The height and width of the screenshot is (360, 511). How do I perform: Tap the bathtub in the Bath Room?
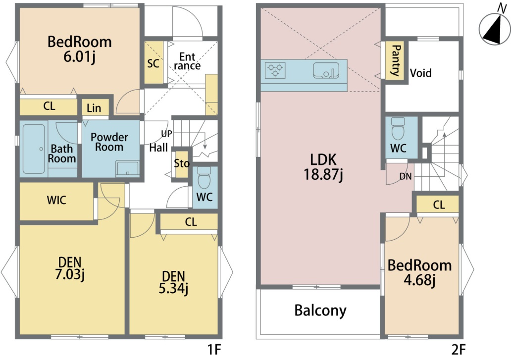click(34, 149)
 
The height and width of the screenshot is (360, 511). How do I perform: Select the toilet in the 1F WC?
click(204, 178)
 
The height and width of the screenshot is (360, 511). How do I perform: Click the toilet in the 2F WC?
click(398, 129)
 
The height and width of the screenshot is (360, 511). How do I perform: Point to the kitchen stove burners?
click(275, 70)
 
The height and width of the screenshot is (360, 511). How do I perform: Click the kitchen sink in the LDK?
click(326, 71)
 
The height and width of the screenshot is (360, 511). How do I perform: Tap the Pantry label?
click(396, 60)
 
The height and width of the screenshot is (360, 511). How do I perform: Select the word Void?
click(421, 73)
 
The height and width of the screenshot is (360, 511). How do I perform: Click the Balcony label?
click(320, 310)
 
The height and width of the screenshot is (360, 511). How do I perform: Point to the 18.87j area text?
click(323, 174)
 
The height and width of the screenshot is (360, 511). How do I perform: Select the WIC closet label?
click(56, 200)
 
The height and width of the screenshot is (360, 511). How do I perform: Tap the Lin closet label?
click(94, 108)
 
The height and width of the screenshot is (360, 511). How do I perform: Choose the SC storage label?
click(153, 63)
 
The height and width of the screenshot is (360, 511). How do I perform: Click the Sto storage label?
click(182, 163)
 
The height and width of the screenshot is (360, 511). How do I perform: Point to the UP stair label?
click(166, 134)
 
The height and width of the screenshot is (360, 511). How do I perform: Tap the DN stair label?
click(406, 177)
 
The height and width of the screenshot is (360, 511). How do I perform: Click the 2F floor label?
click(458, 350)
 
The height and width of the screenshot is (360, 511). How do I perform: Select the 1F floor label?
click(214, 350)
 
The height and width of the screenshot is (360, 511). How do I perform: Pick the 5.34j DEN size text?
click(173, 289)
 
